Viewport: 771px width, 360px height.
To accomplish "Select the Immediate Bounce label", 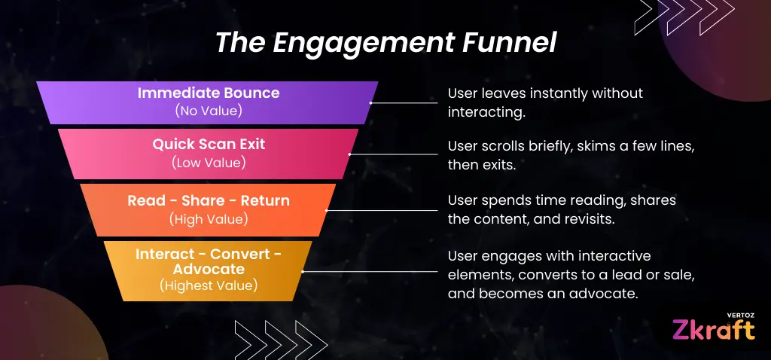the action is click(x=209, y=93).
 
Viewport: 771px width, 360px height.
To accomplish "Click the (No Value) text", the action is click(x=209, y=111).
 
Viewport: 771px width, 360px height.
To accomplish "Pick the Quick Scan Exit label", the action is click(x=209, y=144).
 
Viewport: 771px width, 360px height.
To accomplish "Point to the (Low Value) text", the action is click(x=209, y=163).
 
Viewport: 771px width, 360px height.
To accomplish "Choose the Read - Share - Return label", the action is click(x=209, y=200).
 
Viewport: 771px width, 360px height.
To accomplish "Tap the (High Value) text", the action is click(x=209, y=219).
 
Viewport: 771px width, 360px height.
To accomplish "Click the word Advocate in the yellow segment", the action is click(x=209, y=270).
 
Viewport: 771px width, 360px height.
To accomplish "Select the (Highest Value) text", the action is click(x=209, y=285).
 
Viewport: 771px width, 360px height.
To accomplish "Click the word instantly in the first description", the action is click(x=558, y=93).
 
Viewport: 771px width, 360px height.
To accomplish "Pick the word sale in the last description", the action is click(x=680, y=274).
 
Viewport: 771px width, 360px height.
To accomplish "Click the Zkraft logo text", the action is click(x=713, y=330).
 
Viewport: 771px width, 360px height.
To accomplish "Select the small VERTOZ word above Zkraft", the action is click(x=741, y=315).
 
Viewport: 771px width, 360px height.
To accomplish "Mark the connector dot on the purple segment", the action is click(x=370, y=102).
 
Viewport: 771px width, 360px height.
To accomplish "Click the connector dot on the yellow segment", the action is click(x=303, y=271).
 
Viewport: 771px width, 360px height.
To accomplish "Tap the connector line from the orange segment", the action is click(x=382, y=210).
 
